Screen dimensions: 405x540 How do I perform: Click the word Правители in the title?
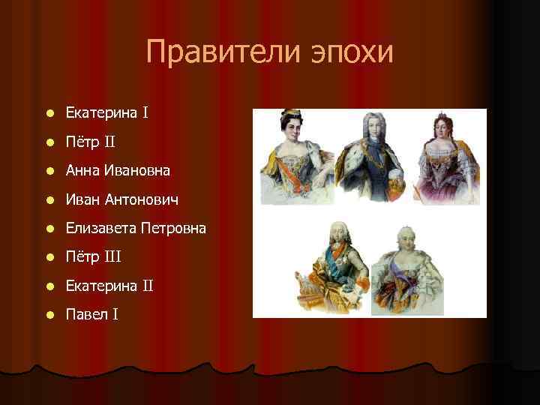pyautogui.click(x=217, y=52)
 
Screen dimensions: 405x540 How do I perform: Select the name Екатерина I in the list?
pyautogui.click(x=106, y=113)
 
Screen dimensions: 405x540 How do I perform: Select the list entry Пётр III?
pyautogui.click(x=93, y=257)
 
